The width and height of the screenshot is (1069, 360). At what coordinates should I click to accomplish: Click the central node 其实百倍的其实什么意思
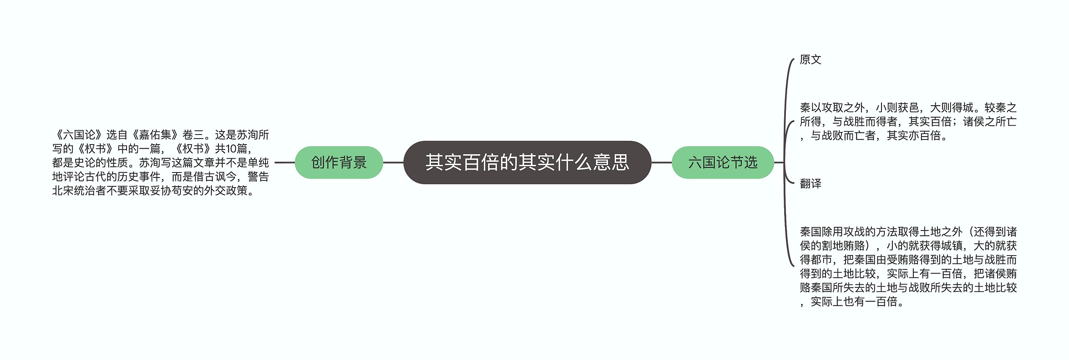[x=527, y=162]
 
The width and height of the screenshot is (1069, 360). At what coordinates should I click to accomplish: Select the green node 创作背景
[x=339, y=162]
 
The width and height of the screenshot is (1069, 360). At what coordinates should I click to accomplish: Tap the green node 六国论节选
[x=722, y=162]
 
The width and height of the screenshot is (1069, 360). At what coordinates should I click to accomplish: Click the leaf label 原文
[x=810, y=60]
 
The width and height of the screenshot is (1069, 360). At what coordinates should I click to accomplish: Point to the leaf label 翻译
[x=810, y=183]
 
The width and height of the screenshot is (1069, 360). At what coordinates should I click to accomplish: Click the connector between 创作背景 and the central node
[x=393, y=162]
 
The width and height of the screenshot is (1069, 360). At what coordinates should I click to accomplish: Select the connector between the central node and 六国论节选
[x=661, y=162]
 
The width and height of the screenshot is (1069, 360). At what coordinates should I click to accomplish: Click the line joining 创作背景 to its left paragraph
[x=285, y=162]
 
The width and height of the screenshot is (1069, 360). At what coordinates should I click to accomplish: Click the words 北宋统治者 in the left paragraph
[x=79, y=191]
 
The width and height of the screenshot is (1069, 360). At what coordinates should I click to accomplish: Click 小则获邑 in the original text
[x=897, y=108]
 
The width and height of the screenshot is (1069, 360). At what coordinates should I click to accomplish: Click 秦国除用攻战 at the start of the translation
[x=832, y=232]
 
